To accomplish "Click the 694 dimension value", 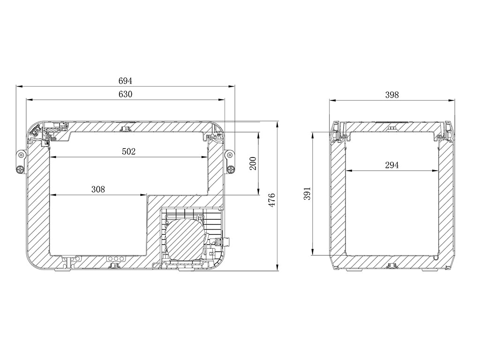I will tap(125, 81).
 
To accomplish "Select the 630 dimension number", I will tap(125, 94).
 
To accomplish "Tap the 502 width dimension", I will tap(128, 151).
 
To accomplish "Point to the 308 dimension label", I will tap(98, 189).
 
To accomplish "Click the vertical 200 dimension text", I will tap(253, 163).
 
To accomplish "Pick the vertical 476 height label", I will tap(271, 199).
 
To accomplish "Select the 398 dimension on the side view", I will tap(392, 95).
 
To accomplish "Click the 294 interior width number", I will tap(392, 165).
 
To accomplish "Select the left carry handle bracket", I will tap(21, 162).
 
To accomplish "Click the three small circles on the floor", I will tap(116, 259).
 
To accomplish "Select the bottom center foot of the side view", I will tap(392, 267).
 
